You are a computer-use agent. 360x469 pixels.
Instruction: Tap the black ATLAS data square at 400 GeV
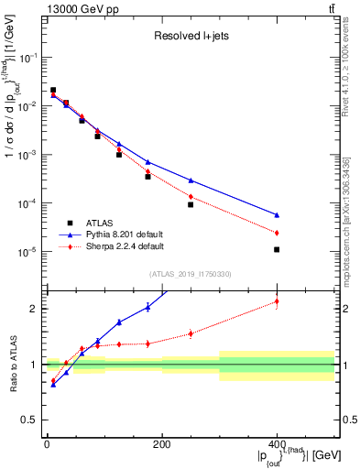pyautogui.click(x=277, y=249)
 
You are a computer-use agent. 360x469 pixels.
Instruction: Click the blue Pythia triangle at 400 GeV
pyautogui.click(x=277, y=215)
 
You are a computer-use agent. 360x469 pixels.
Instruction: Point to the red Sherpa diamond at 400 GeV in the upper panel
pyautogui.click(x=277, y=233)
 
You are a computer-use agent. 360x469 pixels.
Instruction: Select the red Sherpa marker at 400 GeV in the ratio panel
pyautogui.click(x=277, y=301)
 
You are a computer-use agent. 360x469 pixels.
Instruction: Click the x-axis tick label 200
pyautogui.click(x=161, y=444)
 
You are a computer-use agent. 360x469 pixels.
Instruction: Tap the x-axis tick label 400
pyautogui.click(x=277, y=444)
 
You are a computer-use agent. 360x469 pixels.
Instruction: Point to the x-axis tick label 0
pyautogui.click(x=47, y=444)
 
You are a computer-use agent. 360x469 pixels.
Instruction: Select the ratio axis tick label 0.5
pyautogui.click(x=29, y=420)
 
